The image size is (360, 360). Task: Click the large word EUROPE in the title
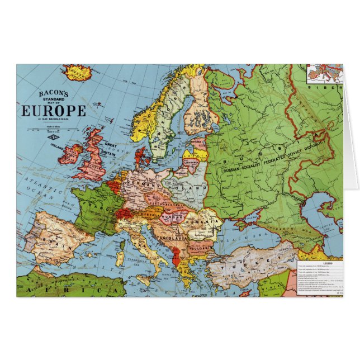[54, 110]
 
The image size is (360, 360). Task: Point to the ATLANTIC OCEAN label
[39, 187]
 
